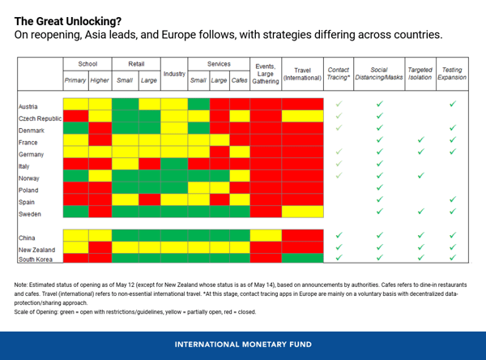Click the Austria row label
(28, 105)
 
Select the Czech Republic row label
(38, 118)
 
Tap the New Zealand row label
(36, 249)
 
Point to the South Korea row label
(36, 259)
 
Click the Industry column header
(174, 75)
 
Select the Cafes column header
(239, 80)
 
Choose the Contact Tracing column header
(339, 75)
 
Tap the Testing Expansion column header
(452, 75)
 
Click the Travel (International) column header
(302, 75)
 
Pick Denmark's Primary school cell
(75, 129)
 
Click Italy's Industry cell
(174, 165)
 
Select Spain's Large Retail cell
(149, 200)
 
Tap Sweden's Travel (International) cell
(302, 212)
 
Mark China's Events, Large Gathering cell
(266, 236)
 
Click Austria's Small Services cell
(198, 105)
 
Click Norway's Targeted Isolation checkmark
(420, 176)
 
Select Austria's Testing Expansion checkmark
(452, 105)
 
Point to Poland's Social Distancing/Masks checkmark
(379, 188)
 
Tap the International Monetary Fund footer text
(243, 344)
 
